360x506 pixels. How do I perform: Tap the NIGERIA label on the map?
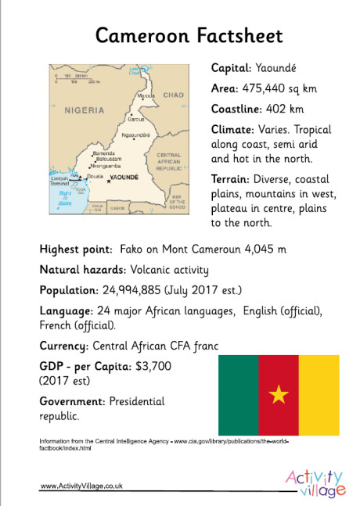pyautogui.click(x=85, y=109)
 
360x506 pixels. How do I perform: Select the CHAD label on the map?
pyautogui.click(x=173, y=95)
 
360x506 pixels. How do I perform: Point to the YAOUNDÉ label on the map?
pyautogui.click(x=124, y=178)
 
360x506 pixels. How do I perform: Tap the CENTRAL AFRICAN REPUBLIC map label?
pyautogui.click(x=168, y=161)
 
